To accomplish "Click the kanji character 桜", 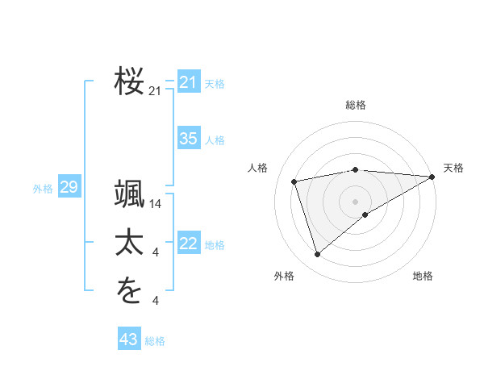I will click(x=130, y=81).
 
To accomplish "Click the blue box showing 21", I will click(x=188, y=82).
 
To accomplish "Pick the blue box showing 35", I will click(x=188, y=139).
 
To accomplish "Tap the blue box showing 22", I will click(x=188, y=244).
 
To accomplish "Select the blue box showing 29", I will click(x=69, y=188).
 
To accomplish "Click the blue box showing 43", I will click(x=128, y=339).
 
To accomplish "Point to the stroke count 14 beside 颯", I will click(x=156, y=204).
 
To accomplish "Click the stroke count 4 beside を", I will click(x=156, y=301).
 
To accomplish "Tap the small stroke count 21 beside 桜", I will click(x=156, y=91).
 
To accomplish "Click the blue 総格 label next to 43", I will click(x=155, y=341).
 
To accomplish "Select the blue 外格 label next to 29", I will click(x=43, y=189).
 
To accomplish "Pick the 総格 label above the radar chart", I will click(x=356, y=105).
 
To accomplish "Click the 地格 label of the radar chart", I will click(x=423, y=276).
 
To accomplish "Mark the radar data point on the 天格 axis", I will click(x=432, y=177).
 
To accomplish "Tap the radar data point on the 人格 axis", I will click(x=294, y=181).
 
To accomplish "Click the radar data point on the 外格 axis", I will click(x=317, y=255).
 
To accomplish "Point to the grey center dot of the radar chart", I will click(x=356, y=201).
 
